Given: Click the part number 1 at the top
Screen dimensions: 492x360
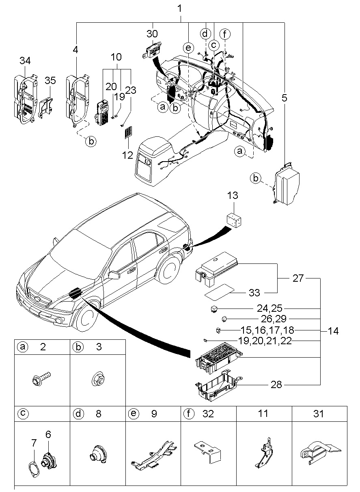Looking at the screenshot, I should pyautogui.click(x=180, y=8).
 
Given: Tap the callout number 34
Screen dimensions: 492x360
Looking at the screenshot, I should pyautogui.click(x=25, y=61).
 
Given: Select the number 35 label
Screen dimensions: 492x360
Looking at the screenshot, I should pyautogui.click(x=50, y=81).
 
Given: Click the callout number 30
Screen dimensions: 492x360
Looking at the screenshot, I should pyautogui.click(x=153, y=34).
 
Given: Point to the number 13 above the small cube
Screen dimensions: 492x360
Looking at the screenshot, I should pyautogui.click(x=233, y=196).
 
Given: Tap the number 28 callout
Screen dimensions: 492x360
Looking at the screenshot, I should pyautogui.click(x=276, y=384).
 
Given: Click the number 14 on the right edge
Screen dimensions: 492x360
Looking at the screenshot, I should pyautogui.click(x=333, y=331).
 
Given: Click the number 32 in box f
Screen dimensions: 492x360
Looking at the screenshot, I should pyautogui.click(x=208, y=414).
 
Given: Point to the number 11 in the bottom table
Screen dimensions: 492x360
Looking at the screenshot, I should pyautogui.click(x=264, y=414).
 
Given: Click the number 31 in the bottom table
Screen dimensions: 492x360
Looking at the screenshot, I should pyautogui.click(x=319, y=414).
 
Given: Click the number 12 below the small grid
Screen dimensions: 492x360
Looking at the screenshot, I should pyautogui.click(x=128, y=155).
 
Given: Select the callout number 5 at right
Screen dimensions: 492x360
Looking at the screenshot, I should pyautogui.click(x=284, y=97).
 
